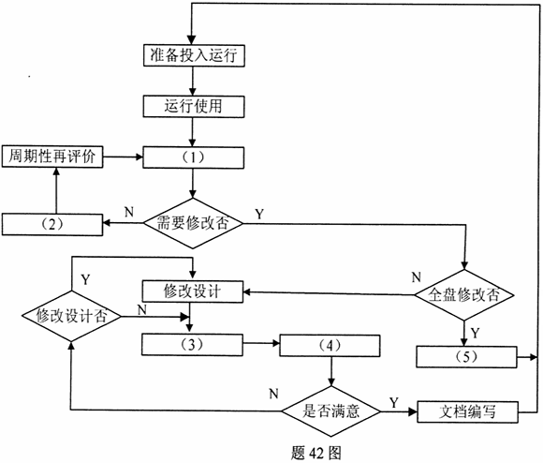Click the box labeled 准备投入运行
tap(195, 55)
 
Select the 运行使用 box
tap(195, 106)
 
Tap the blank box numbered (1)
tap(195, 156)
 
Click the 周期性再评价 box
tap(53, 155)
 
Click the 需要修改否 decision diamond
tap(195, 223)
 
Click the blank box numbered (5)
tap(466, 357)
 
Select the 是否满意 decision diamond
tap(329, 410)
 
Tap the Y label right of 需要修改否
tap(258, 214)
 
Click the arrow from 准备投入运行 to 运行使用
tap(195, 81)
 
